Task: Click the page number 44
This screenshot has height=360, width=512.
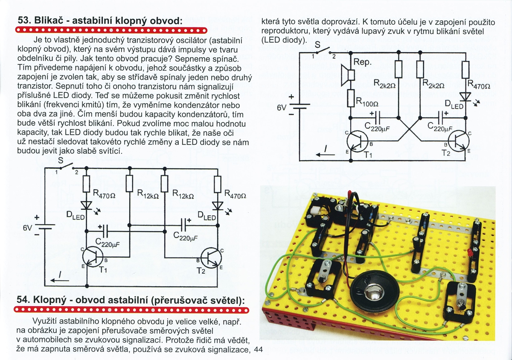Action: point(258,350)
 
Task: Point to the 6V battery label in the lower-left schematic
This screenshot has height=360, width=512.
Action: point(28,228)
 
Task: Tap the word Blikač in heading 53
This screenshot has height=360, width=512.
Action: point(49,21)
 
